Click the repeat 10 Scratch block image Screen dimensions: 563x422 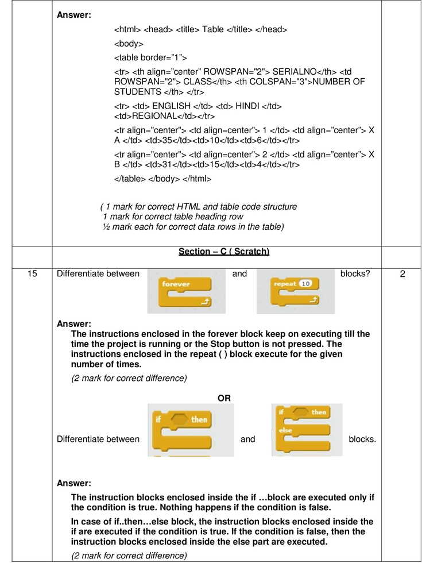(x=296, y=292)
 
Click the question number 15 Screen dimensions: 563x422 (x=33, y=274)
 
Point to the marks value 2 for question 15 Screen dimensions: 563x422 (x=402, y=274)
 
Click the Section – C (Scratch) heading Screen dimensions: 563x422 (x=224, y=252)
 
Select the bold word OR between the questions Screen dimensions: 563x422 (x=224, y=398)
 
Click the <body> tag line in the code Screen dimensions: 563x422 (x=129, y=44)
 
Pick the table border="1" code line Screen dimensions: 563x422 (x=150, y=57)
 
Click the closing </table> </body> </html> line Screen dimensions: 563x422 (x=163, y=179)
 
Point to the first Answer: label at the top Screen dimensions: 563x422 (x=74, y=15)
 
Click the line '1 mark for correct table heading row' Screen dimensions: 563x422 (x=173, y=217)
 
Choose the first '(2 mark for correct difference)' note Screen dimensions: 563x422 (x=129, y=378)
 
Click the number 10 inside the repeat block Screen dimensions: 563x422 (x=305, y=284)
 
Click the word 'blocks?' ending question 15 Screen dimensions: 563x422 (x=355, y=274)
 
